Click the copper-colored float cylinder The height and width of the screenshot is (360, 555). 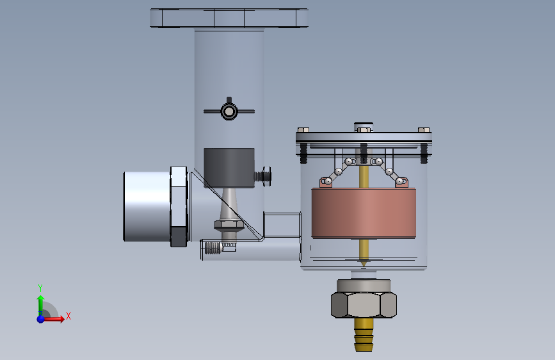[x=364, y=213]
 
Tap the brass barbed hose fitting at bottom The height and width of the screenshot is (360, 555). [x=364, y=334]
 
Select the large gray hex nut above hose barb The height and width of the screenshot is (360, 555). [x=364, y=305]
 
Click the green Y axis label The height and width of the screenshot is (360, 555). [x=40, y=288]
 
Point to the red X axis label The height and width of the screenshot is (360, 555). [x=68, y=316]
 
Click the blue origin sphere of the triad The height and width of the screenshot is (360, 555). [x=41, y=319]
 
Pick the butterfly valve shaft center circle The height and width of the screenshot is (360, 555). [x=229, y=111]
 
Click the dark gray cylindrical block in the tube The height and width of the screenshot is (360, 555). [x=229, y=168]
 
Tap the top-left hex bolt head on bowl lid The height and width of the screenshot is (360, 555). [x=303, y=129]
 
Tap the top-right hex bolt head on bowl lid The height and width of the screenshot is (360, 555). [x=424, y=129]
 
